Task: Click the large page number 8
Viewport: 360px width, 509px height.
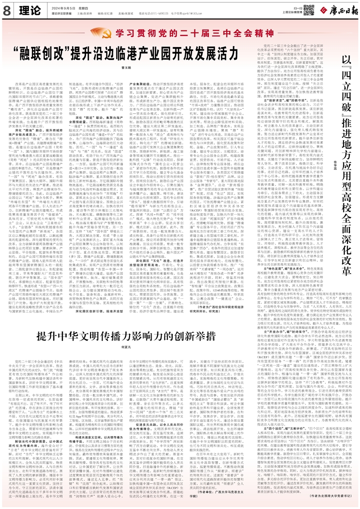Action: (x=7, y=10)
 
